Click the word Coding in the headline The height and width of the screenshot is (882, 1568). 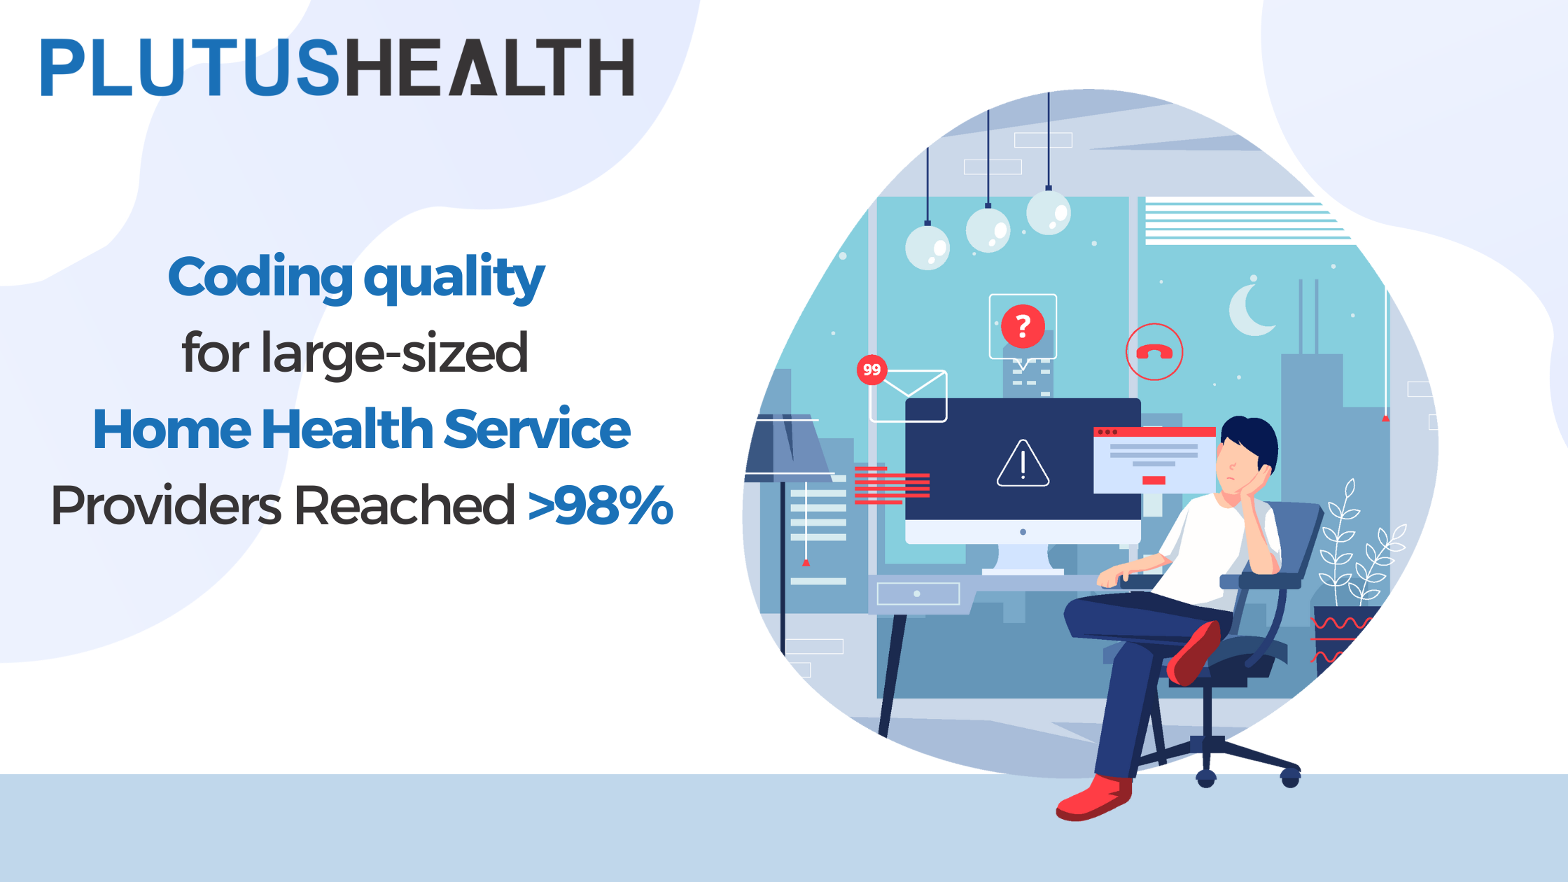point(260,277)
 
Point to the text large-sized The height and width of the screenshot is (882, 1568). point(394,353)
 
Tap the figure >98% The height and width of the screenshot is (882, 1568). point(601,505)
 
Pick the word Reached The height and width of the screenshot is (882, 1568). point(405,505)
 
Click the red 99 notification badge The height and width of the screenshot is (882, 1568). point(871,370)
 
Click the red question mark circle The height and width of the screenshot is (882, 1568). point(1023,326)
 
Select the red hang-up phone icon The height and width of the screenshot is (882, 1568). point(1154,352)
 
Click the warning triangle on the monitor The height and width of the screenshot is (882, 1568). point(1023,463)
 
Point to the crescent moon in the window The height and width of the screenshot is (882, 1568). point(1249,311)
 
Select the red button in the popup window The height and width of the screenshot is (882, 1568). point(1154,480)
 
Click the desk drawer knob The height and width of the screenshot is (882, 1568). point(917,594)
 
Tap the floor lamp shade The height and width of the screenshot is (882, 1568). point(787,448)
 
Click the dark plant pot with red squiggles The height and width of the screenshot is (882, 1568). point(1340,637)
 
